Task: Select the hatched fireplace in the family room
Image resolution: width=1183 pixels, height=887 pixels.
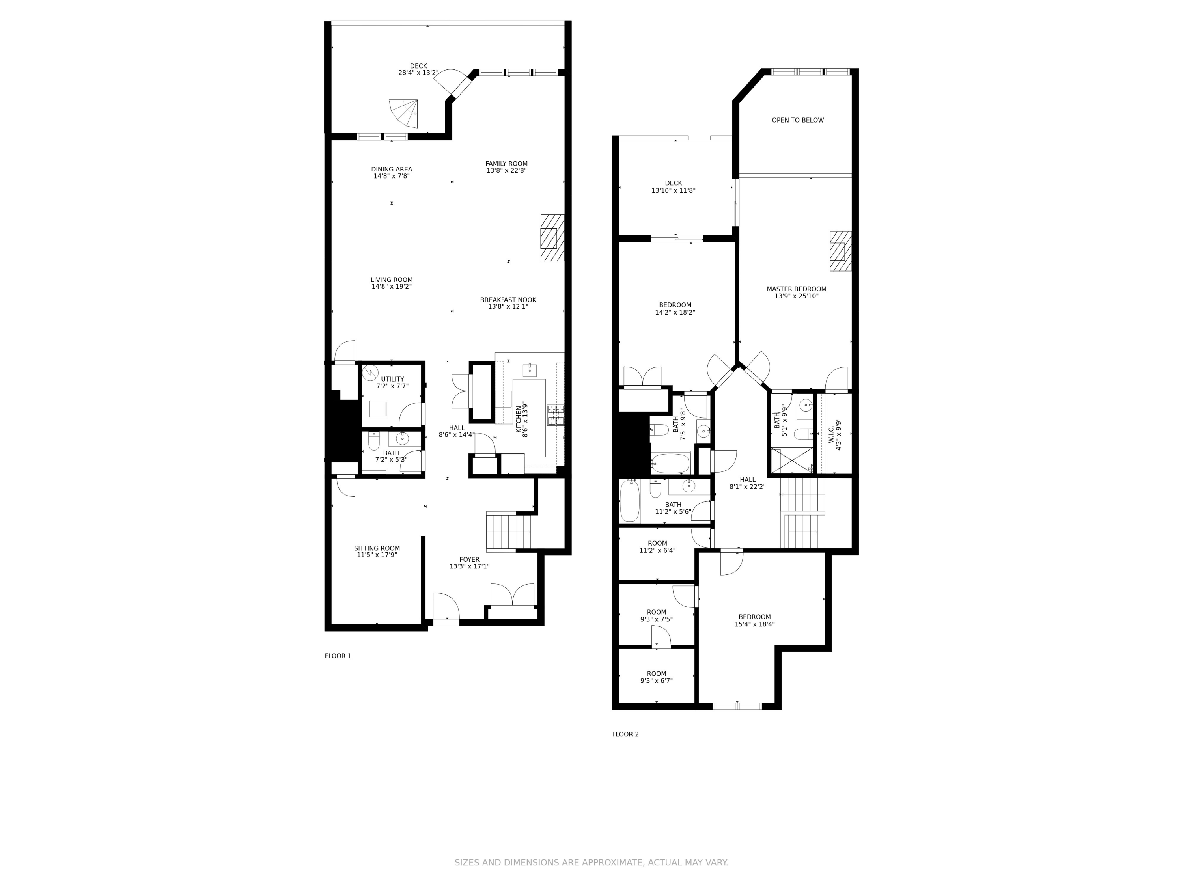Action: coord(552,238)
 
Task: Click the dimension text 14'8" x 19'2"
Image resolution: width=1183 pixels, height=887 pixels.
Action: coord(392,287)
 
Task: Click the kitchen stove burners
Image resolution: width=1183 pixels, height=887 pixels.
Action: coord(555,415)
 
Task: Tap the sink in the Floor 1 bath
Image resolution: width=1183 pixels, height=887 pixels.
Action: coord(402,438)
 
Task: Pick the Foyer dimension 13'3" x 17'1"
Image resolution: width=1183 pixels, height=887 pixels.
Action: coord(469,566)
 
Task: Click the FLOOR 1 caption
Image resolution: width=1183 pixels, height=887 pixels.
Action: coord(338,656)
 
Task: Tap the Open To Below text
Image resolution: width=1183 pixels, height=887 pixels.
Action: coord(797,120)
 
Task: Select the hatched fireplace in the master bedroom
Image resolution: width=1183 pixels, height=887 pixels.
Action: coord(840,251)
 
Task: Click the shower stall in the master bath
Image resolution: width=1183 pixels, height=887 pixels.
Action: coord(791,460)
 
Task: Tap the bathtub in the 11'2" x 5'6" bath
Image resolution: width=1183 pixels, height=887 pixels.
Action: coord(629,501)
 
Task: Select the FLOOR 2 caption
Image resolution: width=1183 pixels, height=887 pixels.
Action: coord(625,734)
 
